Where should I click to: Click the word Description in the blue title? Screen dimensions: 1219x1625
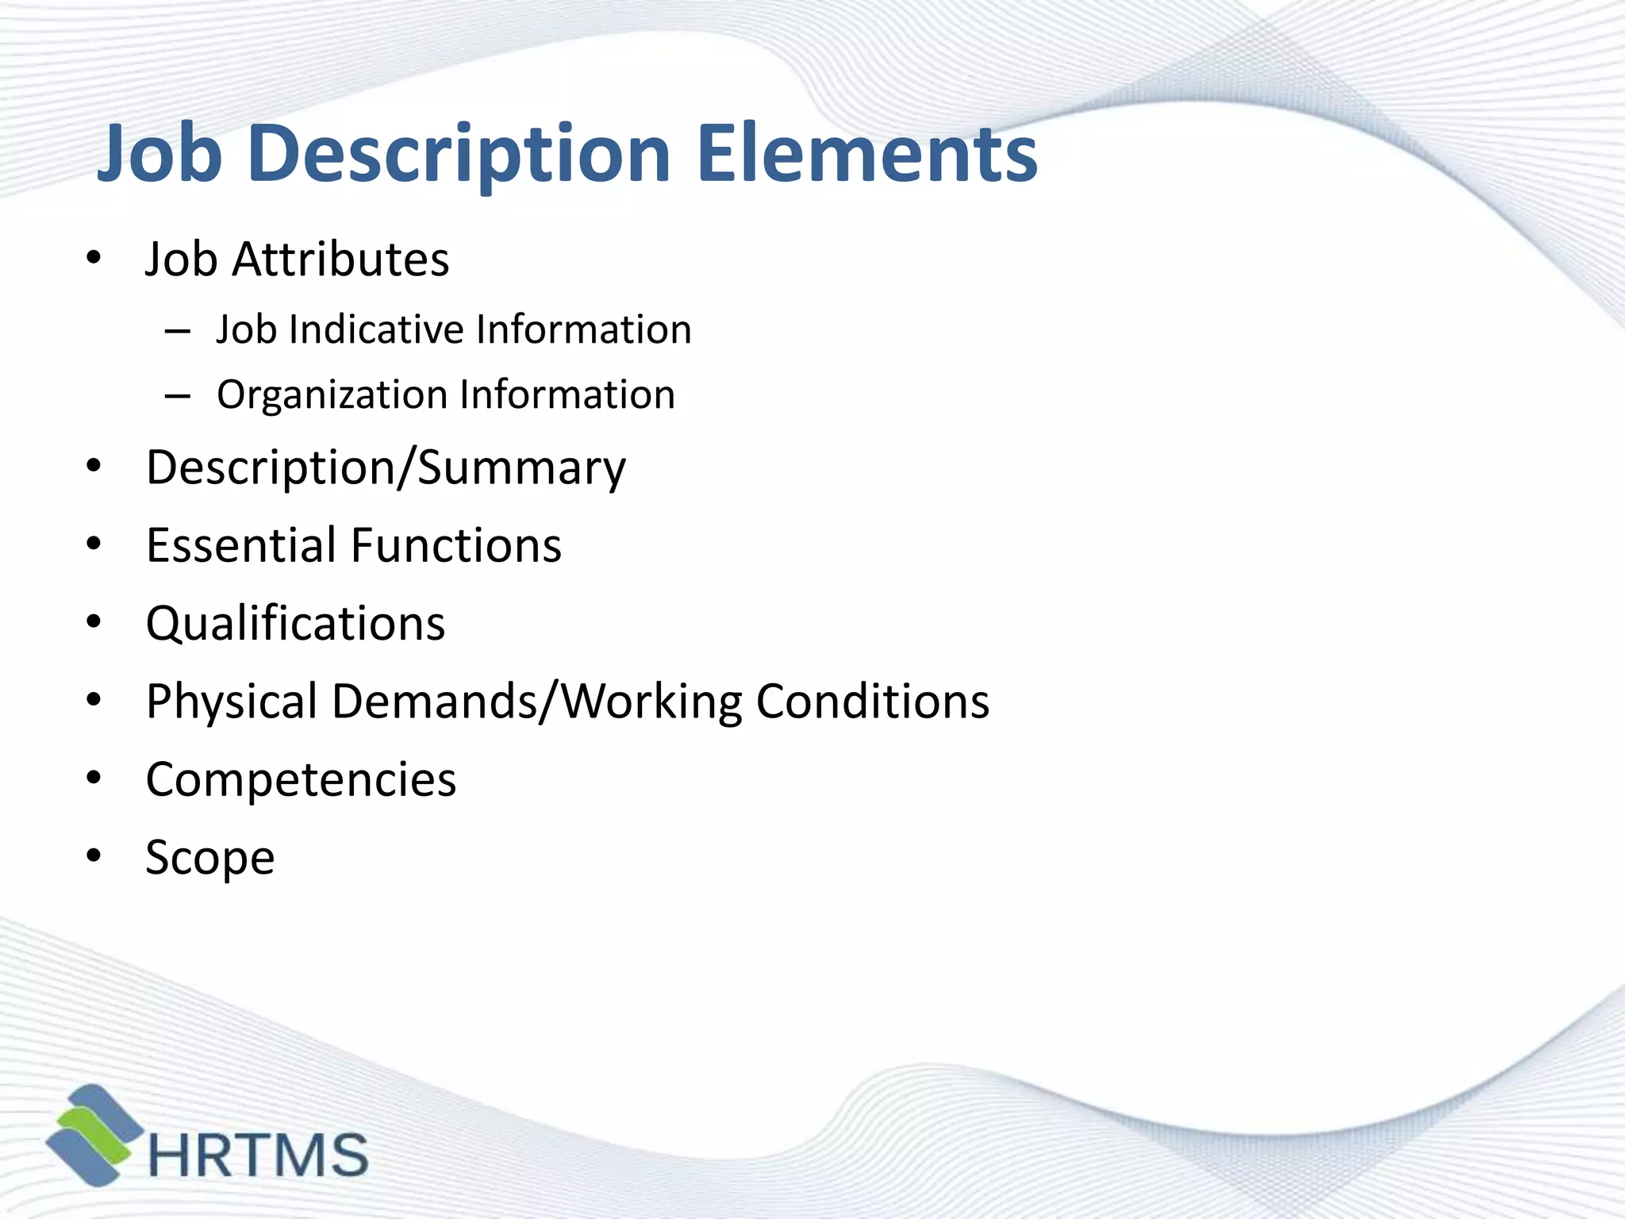(459, 156)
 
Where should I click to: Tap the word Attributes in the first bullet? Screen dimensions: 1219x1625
(340, 260)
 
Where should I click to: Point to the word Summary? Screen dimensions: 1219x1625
(521, 468)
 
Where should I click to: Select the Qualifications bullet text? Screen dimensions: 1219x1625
(295, 624)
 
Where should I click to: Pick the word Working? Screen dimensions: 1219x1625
(651, 702)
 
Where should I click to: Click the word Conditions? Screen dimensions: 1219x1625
(873, 702)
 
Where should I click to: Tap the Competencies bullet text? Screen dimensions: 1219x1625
(301, 780)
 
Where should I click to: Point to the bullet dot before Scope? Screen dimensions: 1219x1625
(94, 856)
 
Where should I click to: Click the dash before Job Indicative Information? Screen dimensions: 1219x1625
(177, 331)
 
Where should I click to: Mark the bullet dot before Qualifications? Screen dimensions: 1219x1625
(94, 622)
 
